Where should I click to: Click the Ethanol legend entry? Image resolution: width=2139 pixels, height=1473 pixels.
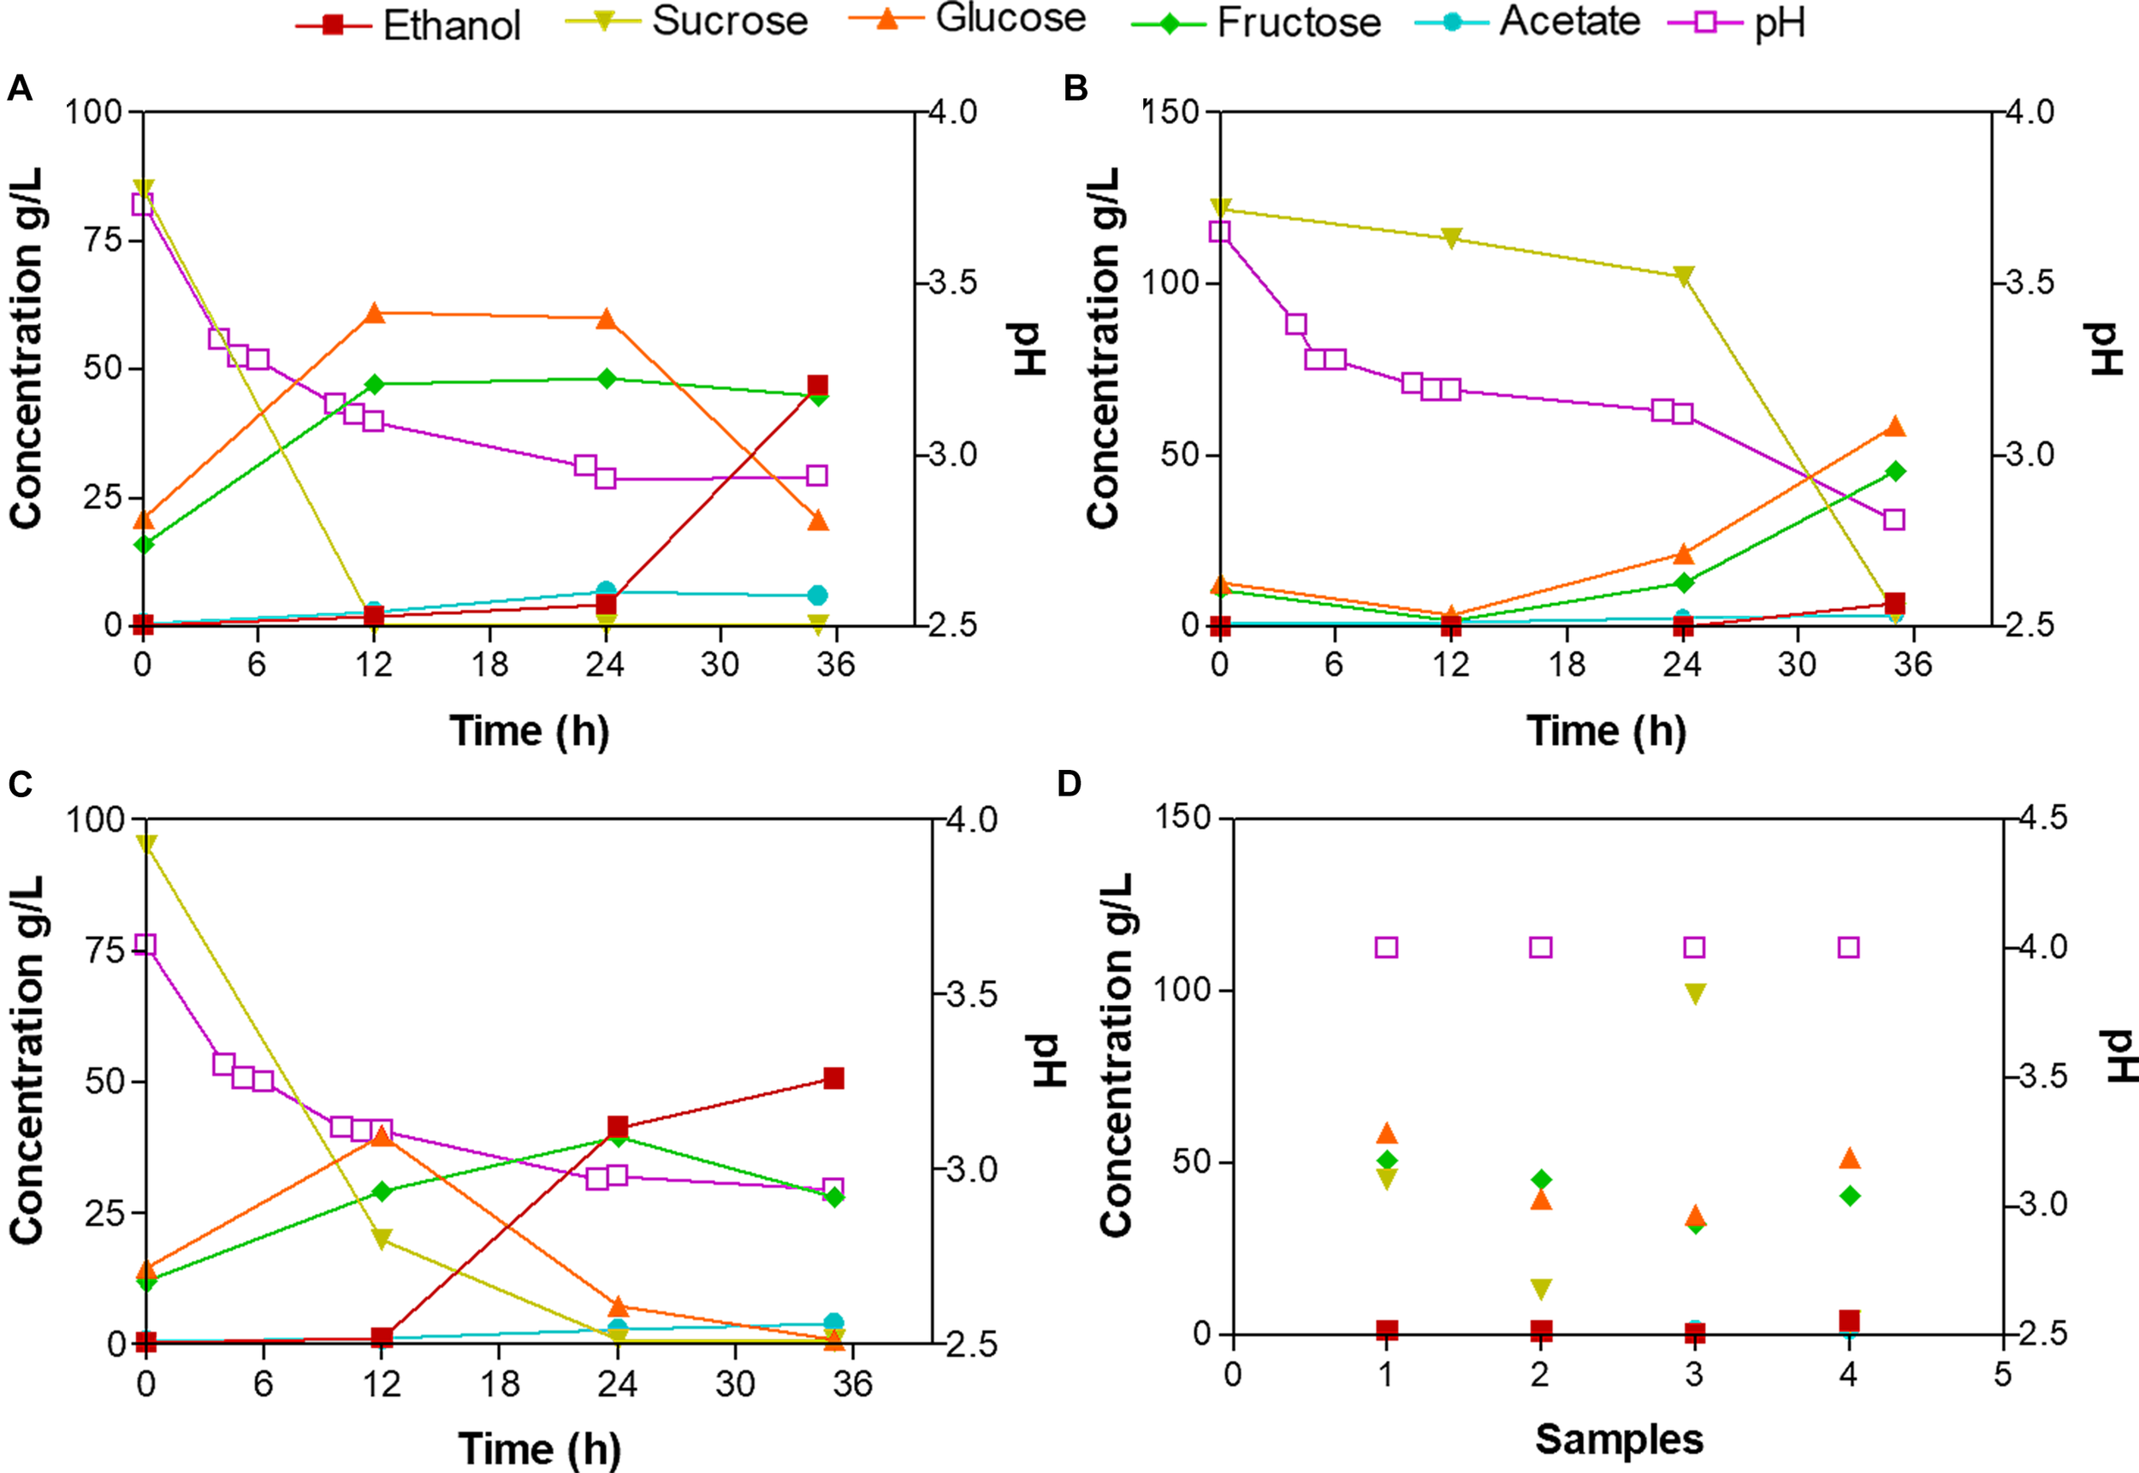pos(409,25)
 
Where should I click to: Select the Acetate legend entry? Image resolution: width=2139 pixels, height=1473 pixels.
pos(1528,21)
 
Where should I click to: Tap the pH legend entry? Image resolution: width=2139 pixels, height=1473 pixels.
pos(1738,23)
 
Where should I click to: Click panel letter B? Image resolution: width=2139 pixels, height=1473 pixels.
pos(1075,89)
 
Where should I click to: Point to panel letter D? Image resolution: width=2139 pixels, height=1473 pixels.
pos(1069,784)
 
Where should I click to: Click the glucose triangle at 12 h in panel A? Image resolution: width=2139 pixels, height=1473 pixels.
pos(374,314)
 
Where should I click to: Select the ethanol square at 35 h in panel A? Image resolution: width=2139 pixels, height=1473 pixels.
pos(817,386)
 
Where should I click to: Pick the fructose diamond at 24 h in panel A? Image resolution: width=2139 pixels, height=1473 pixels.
pos(607,379)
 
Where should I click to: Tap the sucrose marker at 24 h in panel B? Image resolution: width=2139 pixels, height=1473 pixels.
pos(1683,276)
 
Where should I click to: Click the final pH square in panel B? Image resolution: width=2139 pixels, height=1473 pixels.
pos(1893,519)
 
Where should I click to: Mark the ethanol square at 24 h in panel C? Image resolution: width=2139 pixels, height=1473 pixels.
pos(618,1127)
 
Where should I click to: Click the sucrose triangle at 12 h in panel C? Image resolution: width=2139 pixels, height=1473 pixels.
pos(382,1239)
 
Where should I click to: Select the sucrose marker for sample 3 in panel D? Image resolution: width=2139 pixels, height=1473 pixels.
pos(1694,993)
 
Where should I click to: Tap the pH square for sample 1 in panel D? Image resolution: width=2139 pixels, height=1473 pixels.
pos(1386,947)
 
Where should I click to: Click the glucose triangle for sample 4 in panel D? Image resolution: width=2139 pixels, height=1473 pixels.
pos(1848,1159)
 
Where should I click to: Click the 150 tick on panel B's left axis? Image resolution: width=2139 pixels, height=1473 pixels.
pos(1176,112)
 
